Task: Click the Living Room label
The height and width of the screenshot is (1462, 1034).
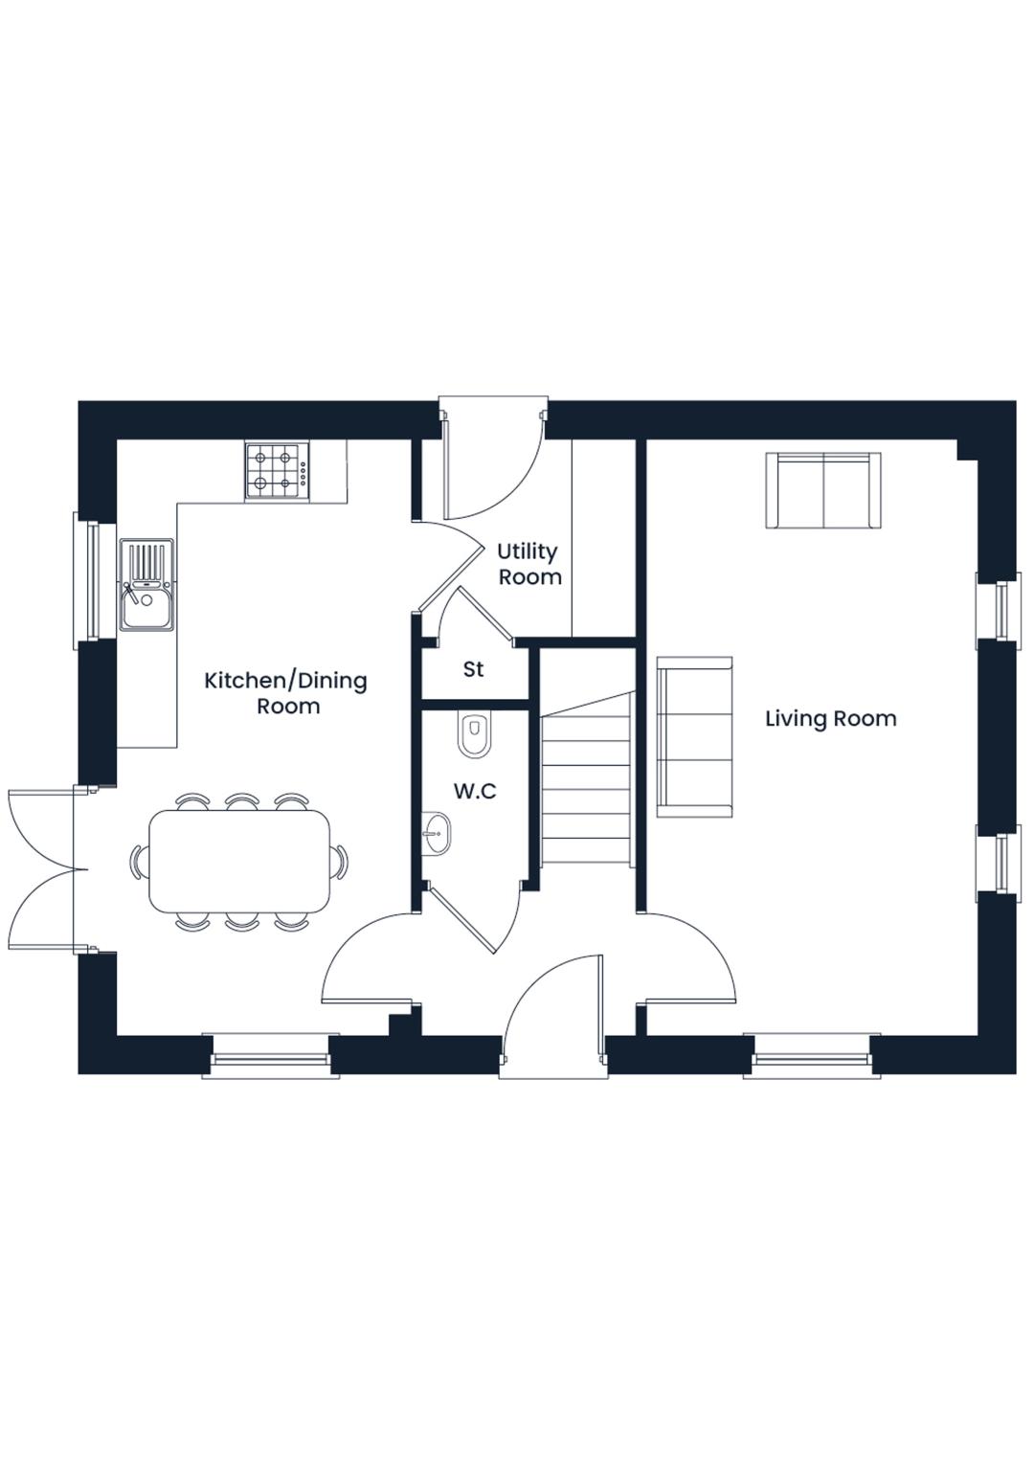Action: tap(830, 719)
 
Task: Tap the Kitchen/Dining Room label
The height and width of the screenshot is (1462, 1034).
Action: tap(286, 693)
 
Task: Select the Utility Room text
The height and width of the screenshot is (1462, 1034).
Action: tap(528, 565)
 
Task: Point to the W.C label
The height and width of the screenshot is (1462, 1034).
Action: tap(475, 791)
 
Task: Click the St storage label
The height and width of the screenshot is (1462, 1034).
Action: tap(473, 669)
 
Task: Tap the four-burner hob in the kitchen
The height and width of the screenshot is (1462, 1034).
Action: tap(278, 471)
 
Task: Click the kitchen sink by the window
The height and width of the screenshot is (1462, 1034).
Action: tap(146, 585)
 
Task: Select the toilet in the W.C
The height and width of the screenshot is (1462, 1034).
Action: tap(474, 734)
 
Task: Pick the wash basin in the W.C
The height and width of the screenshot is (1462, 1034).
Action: tap(436, 833)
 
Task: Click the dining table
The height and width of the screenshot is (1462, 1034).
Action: tap(240, 861)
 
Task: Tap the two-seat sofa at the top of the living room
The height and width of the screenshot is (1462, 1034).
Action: tap(822, 489)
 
